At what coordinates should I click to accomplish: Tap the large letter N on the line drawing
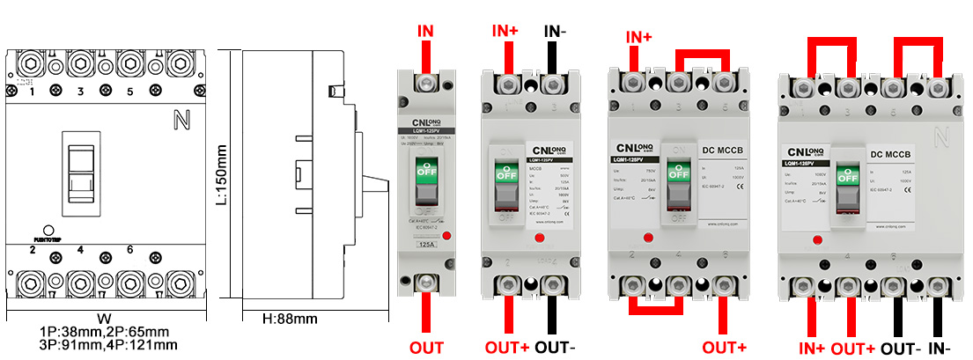184,118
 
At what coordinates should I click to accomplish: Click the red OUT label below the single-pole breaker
426,348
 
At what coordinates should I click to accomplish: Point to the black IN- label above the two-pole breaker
555,33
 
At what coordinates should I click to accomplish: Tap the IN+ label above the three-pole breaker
638,38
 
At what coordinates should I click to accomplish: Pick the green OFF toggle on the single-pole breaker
426,172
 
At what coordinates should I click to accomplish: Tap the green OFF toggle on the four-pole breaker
848,174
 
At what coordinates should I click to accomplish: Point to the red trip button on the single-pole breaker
448,236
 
